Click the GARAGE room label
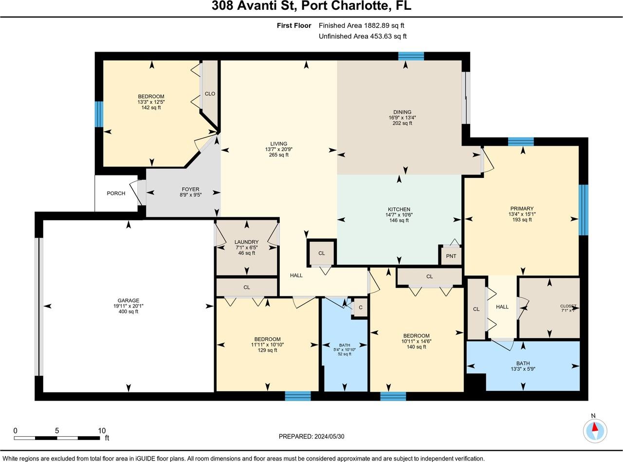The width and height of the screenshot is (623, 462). (x=128, y=300)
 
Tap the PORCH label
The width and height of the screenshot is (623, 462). (x=116, y=193)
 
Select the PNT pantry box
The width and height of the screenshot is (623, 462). (x=451, y=256)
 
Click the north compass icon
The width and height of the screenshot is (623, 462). (x=595, y=430)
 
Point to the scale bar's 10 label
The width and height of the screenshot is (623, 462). (x=102, y=431)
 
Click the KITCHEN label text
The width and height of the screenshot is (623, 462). (x=399, y=210)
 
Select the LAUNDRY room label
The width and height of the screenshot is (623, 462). (x=246, y=242)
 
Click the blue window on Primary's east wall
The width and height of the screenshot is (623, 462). (x=583, y=210)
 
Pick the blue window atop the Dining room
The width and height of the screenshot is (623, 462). (x=411, y=56)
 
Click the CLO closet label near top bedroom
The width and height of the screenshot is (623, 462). (x=210, y=94)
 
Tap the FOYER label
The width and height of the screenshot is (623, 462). (x=190, y=190)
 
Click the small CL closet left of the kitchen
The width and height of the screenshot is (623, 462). (x=322, y=253)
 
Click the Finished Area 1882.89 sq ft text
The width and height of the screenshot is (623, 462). (x=362, y=25)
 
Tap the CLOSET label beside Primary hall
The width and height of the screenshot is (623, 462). (x=568, y=306)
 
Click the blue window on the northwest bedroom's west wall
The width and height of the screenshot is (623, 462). (x=99, y=114)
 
